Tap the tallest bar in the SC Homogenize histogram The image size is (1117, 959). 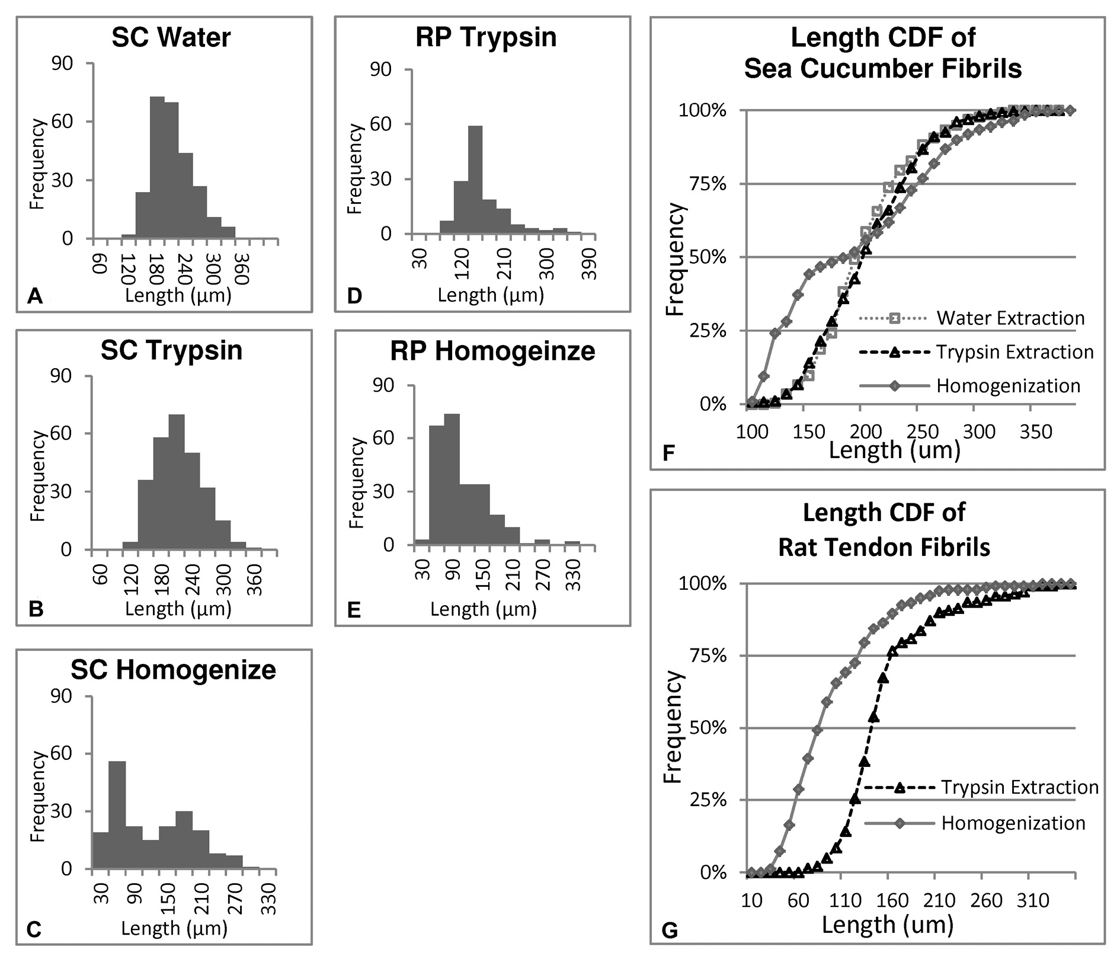pos(117,815)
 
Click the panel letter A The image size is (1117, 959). pos(35,296)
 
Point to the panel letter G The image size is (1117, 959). pos(669,931)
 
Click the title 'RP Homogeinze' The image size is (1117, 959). pos(492,351)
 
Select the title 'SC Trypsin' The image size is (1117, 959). pos(172,350)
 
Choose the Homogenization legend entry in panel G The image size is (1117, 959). pos(1013,823)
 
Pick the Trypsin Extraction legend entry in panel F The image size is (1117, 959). pos(1014,352)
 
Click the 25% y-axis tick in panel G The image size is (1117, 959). pos(709,801)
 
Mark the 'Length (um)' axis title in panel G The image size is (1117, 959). pos(887,925)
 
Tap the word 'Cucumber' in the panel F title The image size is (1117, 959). pos(884,69)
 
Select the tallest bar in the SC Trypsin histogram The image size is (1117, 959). pos(177,481)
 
